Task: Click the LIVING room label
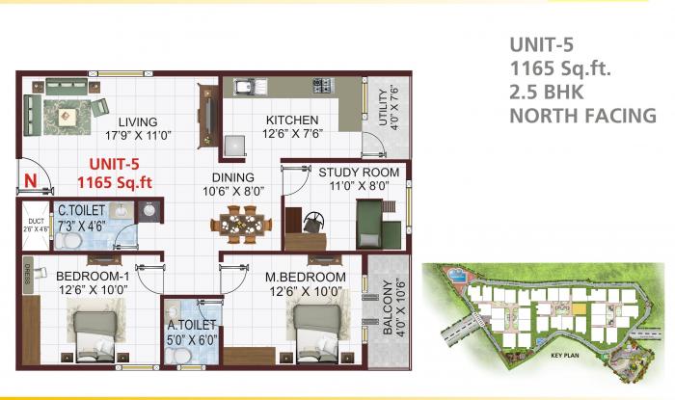[x=140, y=122]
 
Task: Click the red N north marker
[x=31, y=179]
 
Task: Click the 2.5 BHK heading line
[x=549, y=92]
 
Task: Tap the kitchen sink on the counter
[x=243, y=89]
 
